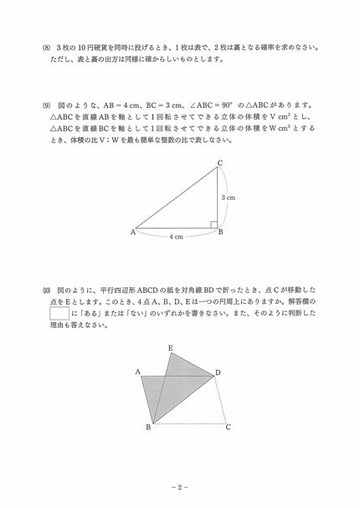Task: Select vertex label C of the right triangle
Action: coord(220,162)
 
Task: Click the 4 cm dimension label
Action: coord(177,237)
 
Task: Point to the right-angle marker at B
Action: coord(213,223)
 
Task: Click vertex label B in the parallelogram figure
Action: coord(148,428)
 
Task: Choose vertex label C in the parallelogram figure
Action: coord(228,427)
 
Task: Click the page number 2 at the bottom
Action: coord(180,486)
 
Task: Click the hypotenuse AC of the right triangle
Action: coord(176,197)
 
